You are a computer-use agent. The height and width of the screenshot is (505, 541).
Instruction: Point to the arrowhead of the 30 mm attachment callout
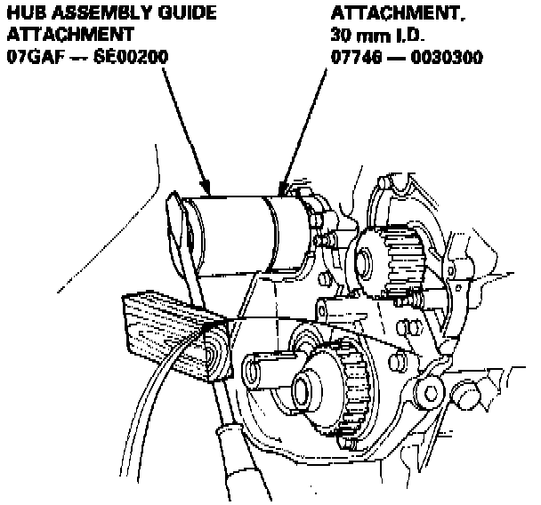284,188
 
